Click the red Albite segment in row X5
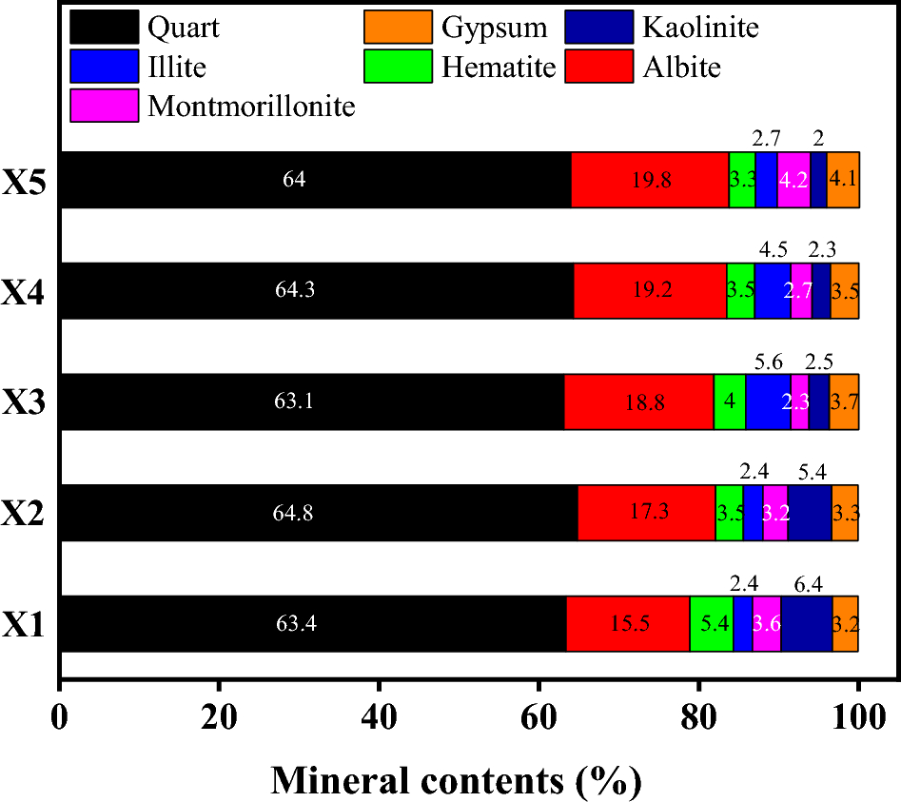[x=650, y=180]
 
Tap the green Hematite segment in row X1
[x=711, y=624]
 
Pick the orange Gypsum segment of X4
[x=845, y=291]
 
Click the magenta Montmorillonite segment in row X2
[x=775, y=513]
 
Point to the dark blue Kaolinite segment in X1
[x=807, y=624]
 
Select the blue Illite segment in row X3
[x=768, y=401]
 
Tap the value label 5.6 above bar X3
[x=769, y=362]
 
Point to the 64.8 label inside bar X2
[x=295, y=513]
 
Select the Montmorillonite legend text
[x=251, y=107]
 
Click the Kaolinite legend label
[x=699, y=28]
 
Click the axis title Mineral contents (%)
[x=457, y=780]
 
